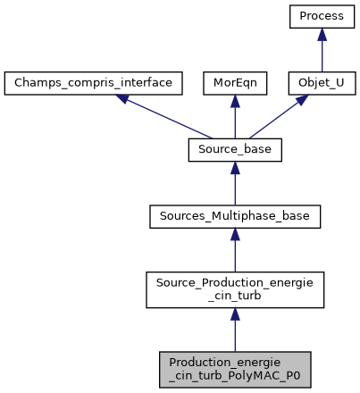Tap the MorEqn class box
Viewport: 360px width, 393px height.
[x=234, y=84]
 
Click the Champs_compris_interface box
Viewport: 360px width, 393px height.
[x=94, y=84]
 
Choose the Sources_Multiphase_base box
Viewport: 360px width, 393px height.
[x=234, y=216]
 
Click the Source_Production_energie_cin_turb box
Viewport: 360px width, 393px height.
[x=234, y=288]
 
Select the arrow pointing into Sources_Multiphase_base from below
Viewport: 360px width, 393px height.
[x=234, y=250]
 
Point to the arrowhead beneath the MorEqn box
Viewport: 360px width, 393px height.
[x=234, y=103]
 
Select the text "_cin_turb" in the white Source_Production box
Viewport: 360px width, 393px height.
[x=234, y=296]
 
